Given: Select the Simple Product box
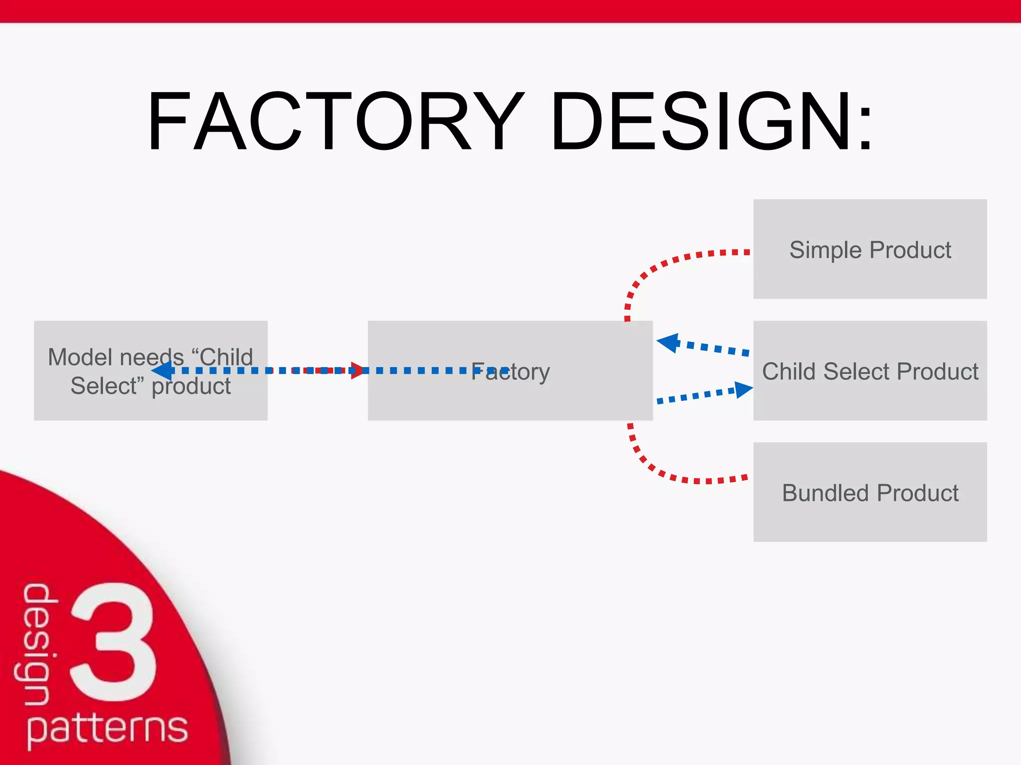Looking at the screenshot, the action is pyautogui.click(x=870, y=249).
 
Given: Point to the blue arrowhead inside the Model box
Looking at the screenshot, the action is pyautogui.click(x=163, y=371).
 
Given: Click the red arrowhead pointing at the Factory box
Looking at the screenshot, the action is pyautogui.click(x=357, y=371).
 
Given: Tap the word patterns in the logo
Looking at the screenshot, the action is pyautogui.click(x=107, y=728).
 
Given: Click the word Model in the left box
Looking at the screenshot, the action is pyautogui.click(x=80, y=357).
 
